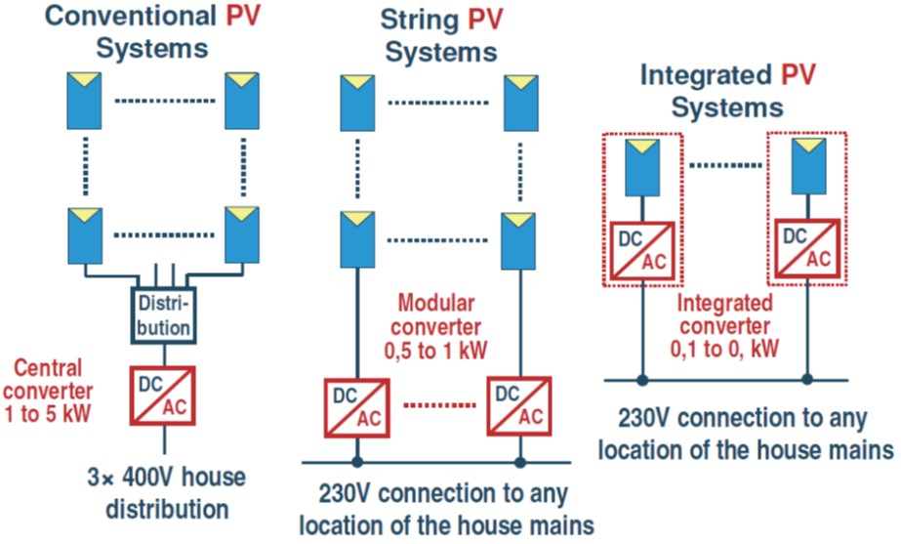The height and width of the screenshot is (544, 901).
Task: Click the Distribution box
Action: [164, 313]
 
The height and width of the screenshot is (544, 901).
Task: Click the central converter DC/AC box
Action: [163, 393]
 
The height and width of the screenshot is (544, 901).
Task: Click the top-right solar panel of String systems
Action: [521, 102]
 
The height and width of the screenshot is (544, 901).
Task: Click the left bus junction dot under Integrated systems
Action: [641, 379]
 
